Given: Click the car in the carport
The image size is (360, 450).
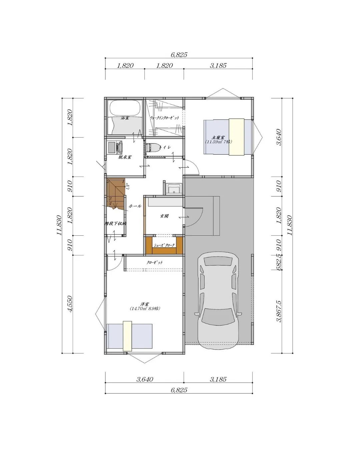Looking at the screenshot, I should [218, 302].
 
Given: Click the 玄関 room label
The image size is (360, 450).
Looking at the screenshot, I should [164, 216].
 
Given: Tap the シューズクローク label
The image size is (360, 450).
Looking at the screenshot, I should [164, 245].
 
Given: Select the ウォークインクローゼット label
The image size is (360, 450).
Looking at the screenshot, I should [164, 118].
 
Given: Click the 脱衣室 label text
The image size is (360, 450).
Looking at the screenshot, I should [125, 157].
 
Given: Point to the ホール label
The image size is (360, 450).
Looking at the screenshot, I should [135, 206].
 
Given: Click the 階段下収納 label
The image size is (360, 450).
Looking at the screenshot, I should [115, 224].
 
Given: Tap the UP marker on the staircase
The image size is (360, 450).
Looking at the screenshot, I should [128, 187].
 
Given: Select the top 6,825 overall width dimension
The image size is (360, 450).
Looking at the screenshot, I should [179, 55].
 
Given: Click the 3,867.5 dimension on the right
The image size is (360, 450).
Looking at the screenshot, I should [279, 311].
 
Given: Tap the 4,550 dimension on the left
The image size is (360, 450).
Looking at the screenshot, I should [70, 304].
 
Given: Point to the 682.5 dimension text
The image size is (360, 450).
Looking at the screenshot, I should [279, 262].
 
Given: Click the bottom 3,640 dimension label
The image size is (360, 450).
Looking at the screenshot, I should [145, 379].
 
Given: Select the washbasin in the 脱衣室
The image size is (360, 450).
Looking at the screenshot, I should [120, 146].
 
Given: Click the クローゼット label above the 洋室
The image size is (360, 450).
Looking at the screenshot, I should [155, 263].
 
